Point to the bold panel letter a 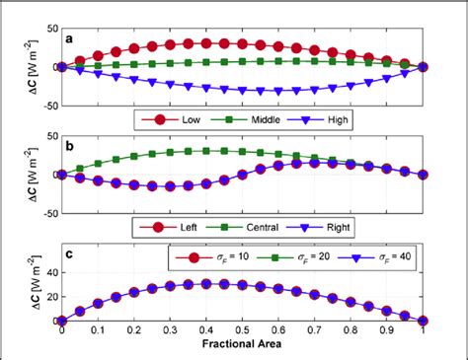(69, 39)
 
